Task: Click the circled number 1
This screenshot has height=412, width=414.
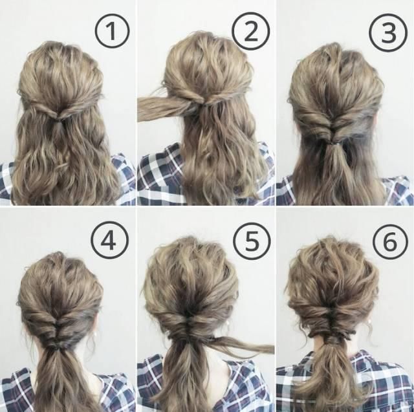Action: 112,30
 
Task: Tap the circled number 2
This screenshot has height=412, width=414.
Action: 251,31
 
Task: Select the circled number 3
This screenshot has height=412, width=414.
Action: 388,32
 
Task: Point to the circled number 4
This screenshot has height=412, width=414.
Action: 109,239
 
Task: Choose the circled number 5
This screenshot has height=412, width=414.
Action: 252,241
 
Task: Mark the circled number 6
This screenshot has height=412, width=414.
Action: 390,241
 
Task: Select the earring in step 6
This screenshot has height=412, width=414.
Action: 369,321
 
